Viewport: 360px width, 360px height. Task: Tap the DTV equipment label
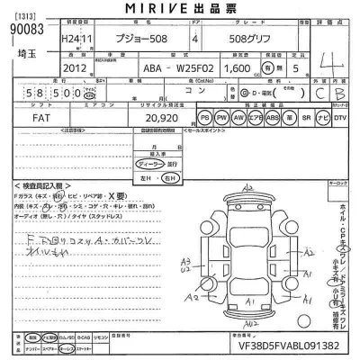[340, 118]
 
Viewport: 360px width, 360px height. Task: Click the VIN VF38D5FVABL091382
[291, 344]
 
